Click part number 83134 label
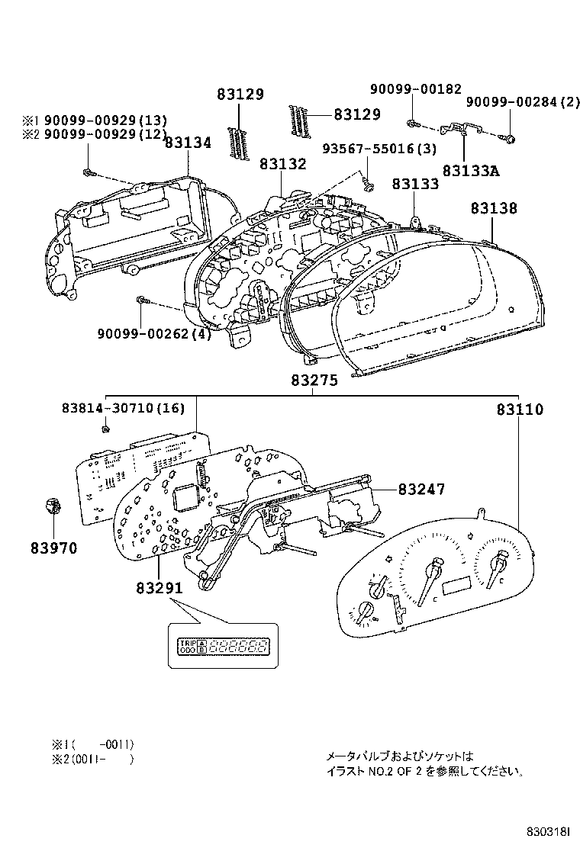tap(188, 143)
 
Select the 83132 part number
tap(282, 164)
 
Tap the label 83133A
tap(470, 171)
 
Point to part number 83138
tap(493, 207)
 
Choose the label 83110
tap(520, 410)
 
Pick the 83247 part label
tap(420, 490)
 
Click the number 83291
tap(159, 588)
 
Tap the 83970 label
tap(54, 548)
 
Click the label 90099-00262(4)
tap(154, 332)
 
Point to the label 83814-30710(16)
tap(123, 408)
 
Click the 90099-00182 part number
tap(416, 89)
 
